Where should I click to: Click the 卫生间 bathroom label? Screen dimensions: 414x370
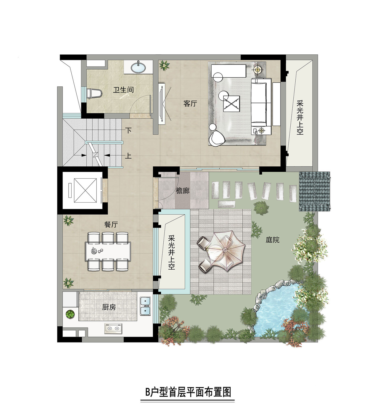(123, 90)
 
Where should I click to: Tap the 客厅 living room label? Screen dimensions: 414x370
(190, 104)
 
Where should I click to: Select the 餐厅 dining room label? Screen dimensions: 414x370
(111, 224)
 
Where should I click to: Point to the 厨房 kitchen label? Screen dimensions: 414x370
(109, 307)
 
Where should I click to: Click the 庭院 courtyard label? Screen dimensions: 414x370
(272, 240)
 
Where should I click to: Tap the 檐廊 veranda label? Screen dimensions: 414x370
(183, 190)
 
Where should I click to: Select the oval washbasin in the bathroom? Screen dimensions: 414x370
(138, 67)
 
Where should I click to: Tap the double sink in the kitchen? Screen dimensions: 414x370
(145, 306)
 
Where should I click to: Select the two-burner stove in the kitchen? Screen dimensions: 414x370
(114, 328)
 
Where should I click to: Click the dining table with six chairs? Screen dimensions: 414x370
(108, 251)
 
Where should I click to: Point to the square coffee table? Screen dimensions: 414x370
(231, 104)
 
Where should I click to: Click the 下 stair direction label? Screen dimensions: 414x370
(128, 130)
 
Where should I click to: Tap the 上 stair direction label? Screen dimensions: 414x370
(128, 156)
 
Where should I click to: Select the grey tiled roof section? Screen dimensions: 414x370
(315, 191)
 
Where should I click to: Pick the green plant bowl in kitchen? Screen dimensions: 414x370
(70, 314)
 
